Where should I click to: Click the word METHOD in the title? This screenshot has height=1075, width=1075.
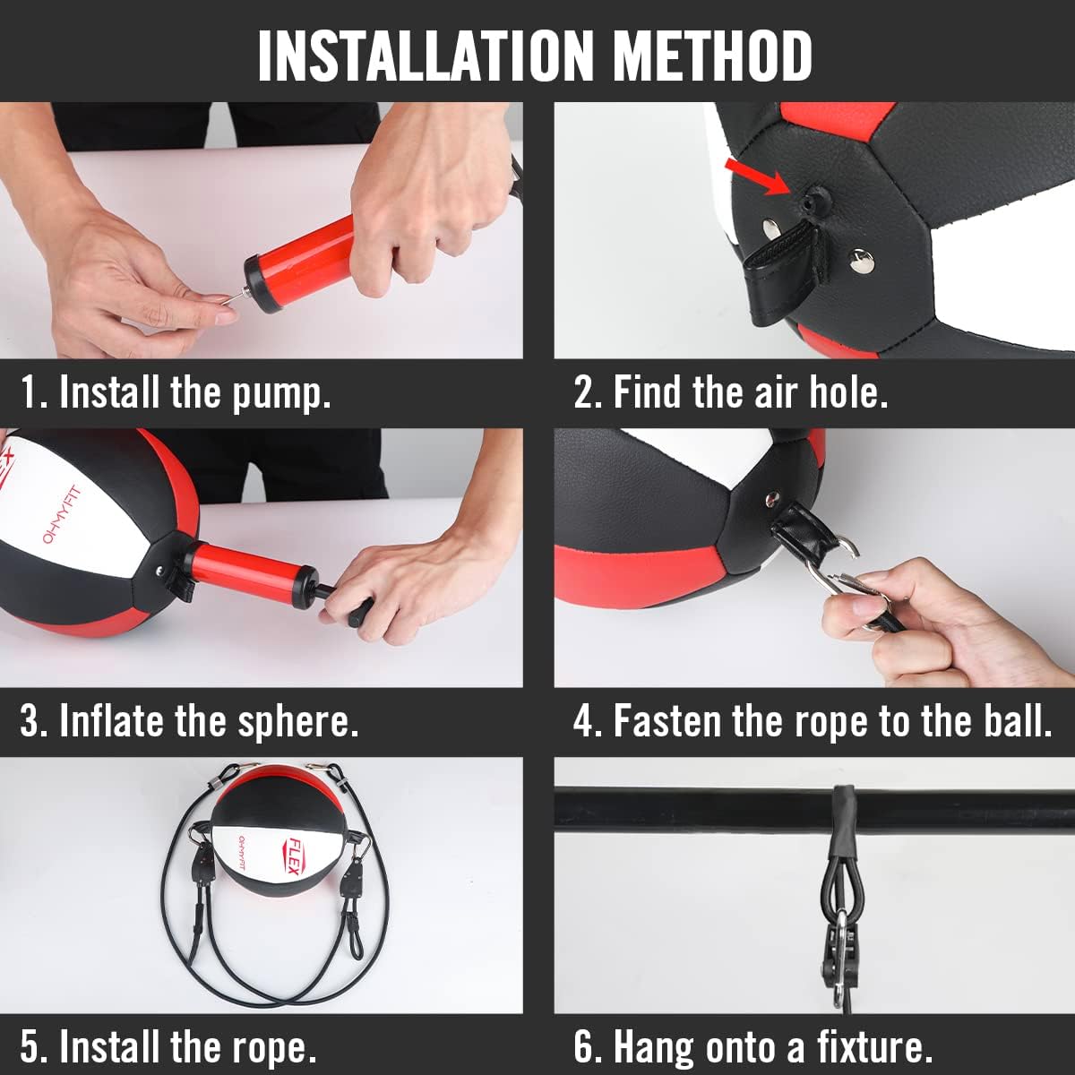point(712,56)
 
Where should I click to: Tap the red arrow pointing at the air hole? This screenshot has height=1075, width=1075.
point(755,176)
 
